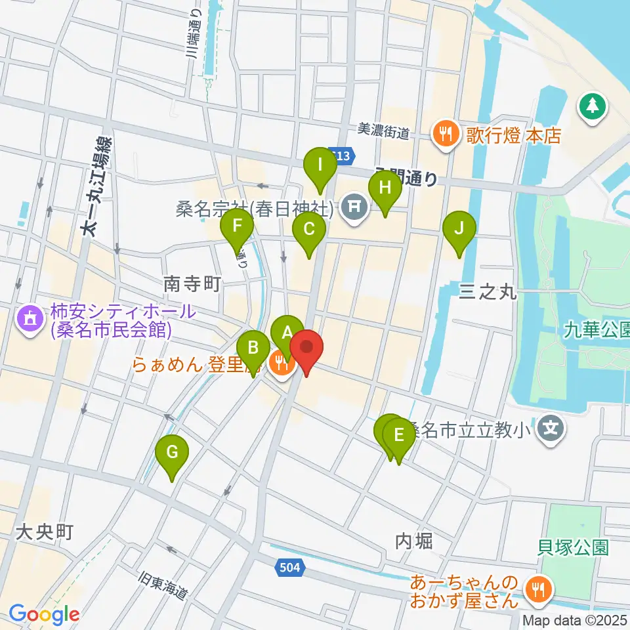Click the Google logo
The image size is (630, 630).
point(44,614)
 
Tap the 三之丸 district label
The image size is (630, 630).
point(488,291)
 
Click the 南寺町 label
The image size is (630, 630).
point(191,284)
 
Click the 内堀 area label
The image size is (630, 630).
point(414,541)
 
